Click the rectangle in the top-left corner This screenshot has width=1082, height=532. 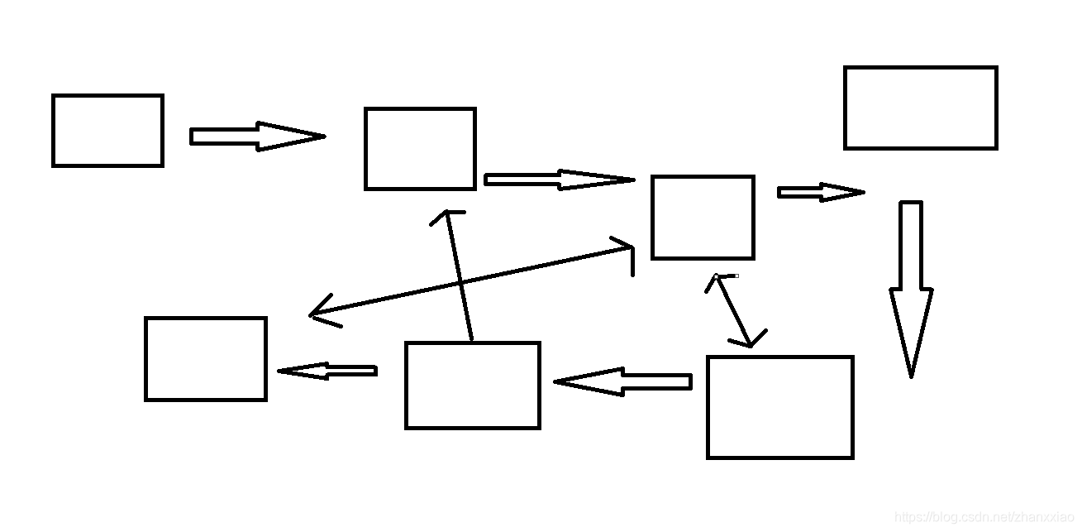(x=107, y=131)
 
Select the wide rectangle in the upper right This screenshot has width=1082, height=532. (x=920, y=108)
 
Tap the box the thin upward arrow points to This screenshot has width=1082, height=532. (x=420, y=149)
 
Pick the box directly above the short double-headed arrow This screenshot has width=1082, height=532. (x=703, y=217)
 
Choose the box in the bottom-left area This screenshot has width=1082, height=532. (x=206, y=358)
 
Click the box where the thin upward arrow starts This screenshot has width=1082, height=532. (x=472, y=386)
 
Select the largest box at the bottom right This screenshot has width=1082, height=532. (x=779, y=407)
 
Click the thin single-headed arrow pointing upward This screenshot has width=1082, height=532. (x=460, y=277)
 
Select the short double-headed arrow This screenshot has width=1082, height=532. (x=734, y=310)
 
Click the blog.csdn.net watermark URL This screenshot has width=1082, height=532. (x=984, y=517)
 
